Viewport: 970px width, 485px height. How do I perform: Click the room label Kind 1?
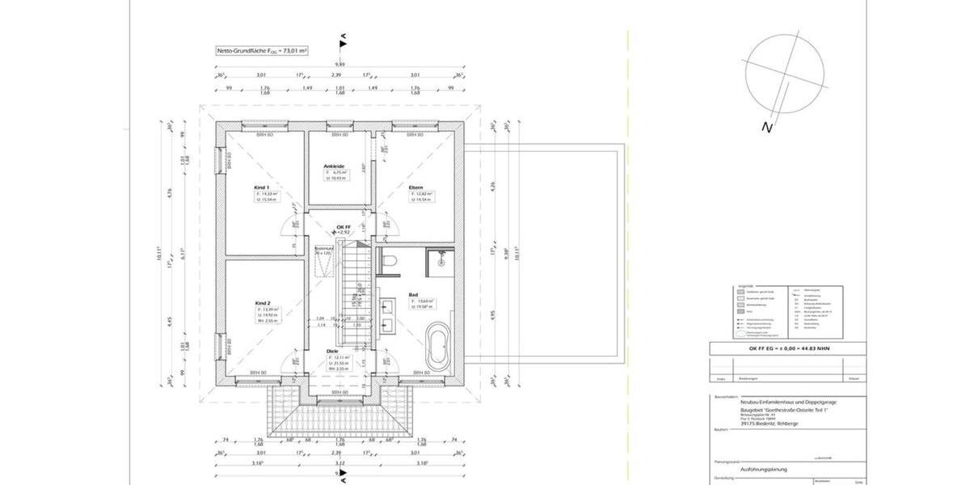coord(260,187)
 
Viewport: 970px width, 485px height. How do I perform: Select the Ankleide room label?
coord(334,166)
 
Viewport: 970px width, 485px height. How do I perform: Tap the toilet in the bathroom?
coord(387,261)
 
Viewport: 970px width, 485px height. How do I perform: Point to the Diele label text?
coord(332,352)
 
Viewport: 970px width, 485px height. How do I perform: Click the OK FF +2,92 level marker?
coord(343,229)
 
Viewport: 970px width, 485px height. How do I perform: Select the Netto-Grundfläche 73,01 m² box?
coord(262,50)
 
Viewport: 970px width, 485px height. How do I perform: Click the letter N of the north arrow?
coord(765,127)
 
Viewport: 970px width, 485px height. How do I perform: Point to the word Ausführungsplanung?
coord(765,469)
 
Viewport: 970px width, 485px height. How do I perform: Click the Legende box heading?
coord(745,285)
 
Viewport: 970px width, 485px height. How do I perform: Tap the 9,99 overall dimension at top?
coord(341,65)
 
